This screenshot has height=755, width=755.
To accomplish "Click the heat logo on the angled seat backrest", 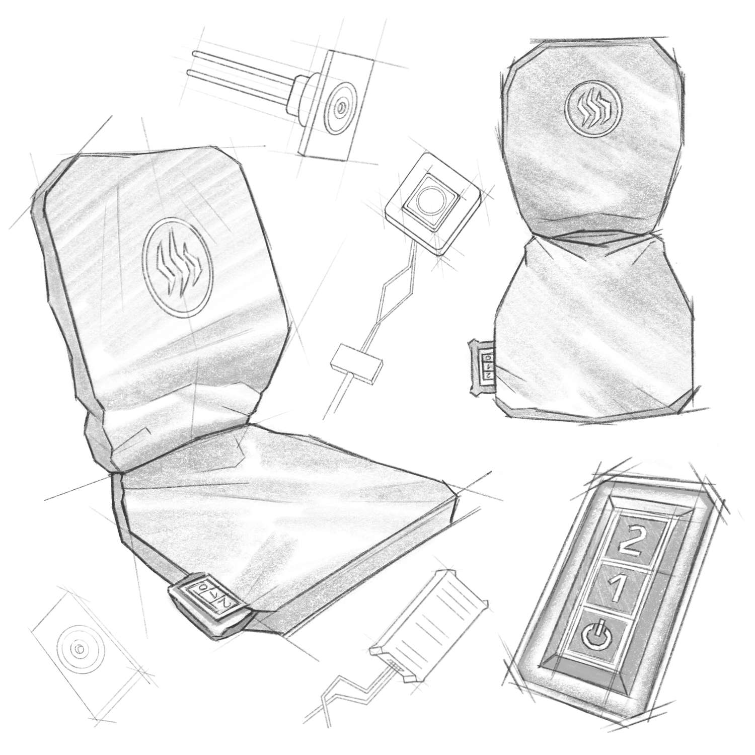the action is [178, 266].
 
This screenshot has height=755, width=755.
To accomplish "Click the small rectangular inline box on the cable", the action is [355, 362].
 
